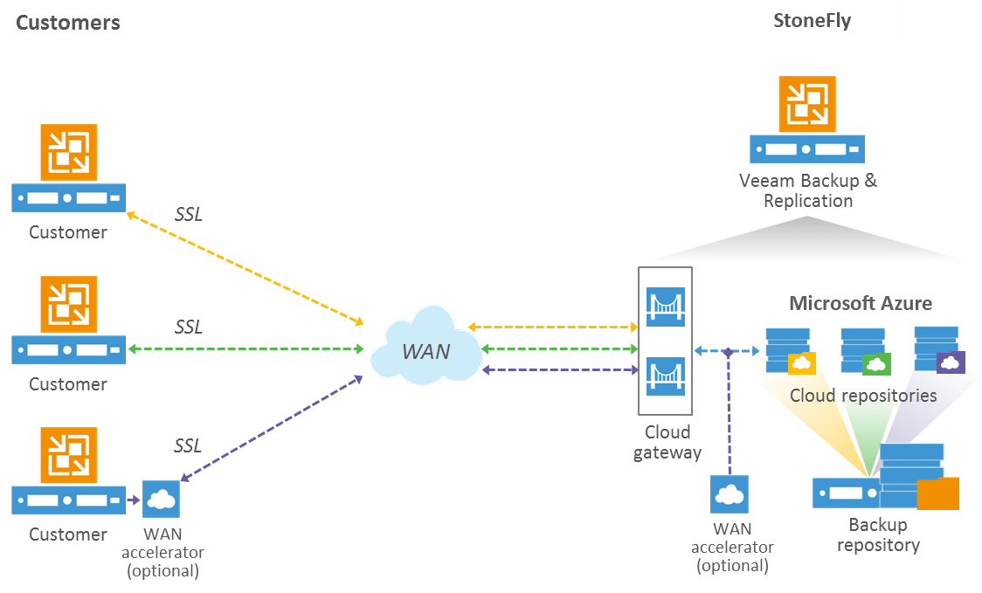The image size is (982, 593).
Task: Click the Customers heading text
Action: [x=67, y=22]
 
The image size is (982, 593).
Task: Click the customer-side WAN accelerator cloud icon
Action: [x=161, y=499]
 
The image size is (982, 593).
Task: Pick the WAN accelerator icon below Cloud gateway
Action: [x=730, y=495]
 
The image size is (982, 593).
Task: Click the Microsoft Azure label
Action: [x=861, y=303]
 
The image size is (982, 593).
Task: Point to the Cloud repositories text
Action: [x=863, y=396]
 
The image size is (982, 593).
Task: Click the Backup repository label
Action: [x=878, y=535]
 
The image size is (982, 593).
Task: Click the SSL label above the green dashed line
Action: [x=188, y=328]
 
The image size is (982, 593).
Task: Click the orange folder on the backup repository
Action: [x=937, y=493]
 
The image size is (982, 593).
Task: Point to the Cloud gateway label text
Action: [x=667, y=442]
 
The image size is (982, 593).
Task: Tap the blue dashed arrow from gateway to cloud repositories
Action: [x=727, y=351]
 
